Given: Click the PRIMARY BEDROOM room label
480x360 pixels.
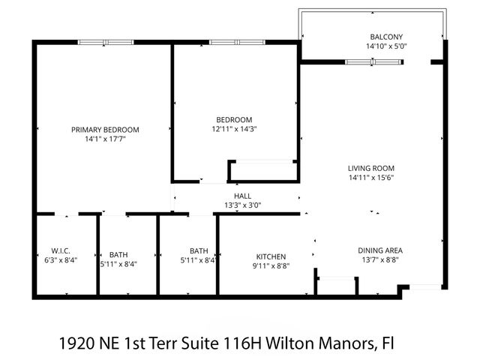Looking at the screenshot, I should (x=105, y=129).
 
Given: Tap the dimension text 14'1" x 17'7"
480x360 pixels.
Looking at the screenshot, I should (x=105, y=139).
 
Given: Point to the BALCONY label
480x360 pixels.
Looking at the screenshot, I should (x=386, y=37).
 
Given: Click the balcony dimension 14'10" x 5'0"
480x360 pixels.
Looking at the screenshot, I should (x=386, y=46).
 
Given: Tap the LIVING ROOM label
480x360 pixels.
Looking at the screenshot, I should (x=370, y=168).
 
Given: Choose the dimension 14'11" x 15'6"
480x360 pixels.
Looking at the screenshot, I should (x=370, y=178).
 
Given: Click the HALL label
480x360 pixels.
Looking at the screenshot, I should (x=242, y=196).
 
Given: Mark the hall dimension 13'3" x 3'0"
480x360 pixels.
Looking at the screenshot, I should (x=242, y=205).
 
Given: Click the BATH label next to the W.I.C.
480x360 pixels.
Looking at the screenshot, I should (x=118, y=253).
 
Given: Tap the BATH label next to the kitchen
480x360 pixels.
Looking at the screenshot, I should (x=199, y=250).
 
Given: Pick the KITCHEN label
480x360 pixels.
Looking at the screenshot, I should (x=271, y=256).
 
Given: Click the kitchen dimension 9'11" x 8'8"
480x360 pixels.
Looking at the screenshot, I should (x=271, y=265).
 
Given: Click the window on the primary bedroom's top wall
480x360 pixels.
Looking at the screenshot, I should (x=105, y=42).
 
